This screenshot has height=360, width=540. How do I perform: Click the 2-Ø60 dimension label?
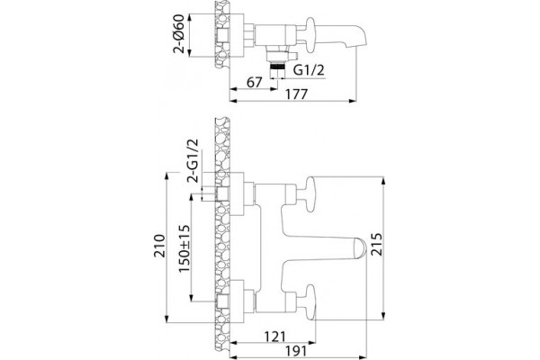tap(179, 34)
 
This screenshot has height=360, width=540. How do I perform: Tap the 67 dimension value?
tap(255, 82)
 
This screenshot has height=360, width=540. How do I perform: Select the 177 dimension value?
tap(296, 94)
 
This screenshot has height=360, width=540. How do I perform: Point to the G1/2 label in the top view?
tap(309, 70)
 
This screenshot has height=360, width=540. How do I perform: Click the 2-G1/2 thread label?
tap(193, 160)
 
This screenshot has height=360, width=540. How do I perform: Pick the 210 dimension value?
tap(159, 246)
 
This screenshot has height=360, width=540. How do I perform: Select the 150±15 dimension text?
tap(184, 248)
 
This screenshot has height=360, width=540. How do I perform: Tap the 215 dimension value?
tap(376, 244)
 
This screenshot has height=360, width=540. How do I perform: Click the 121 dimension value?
tap(274, 337)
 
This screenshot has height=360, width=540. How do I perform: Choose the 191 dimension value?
tap(296, 351)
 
